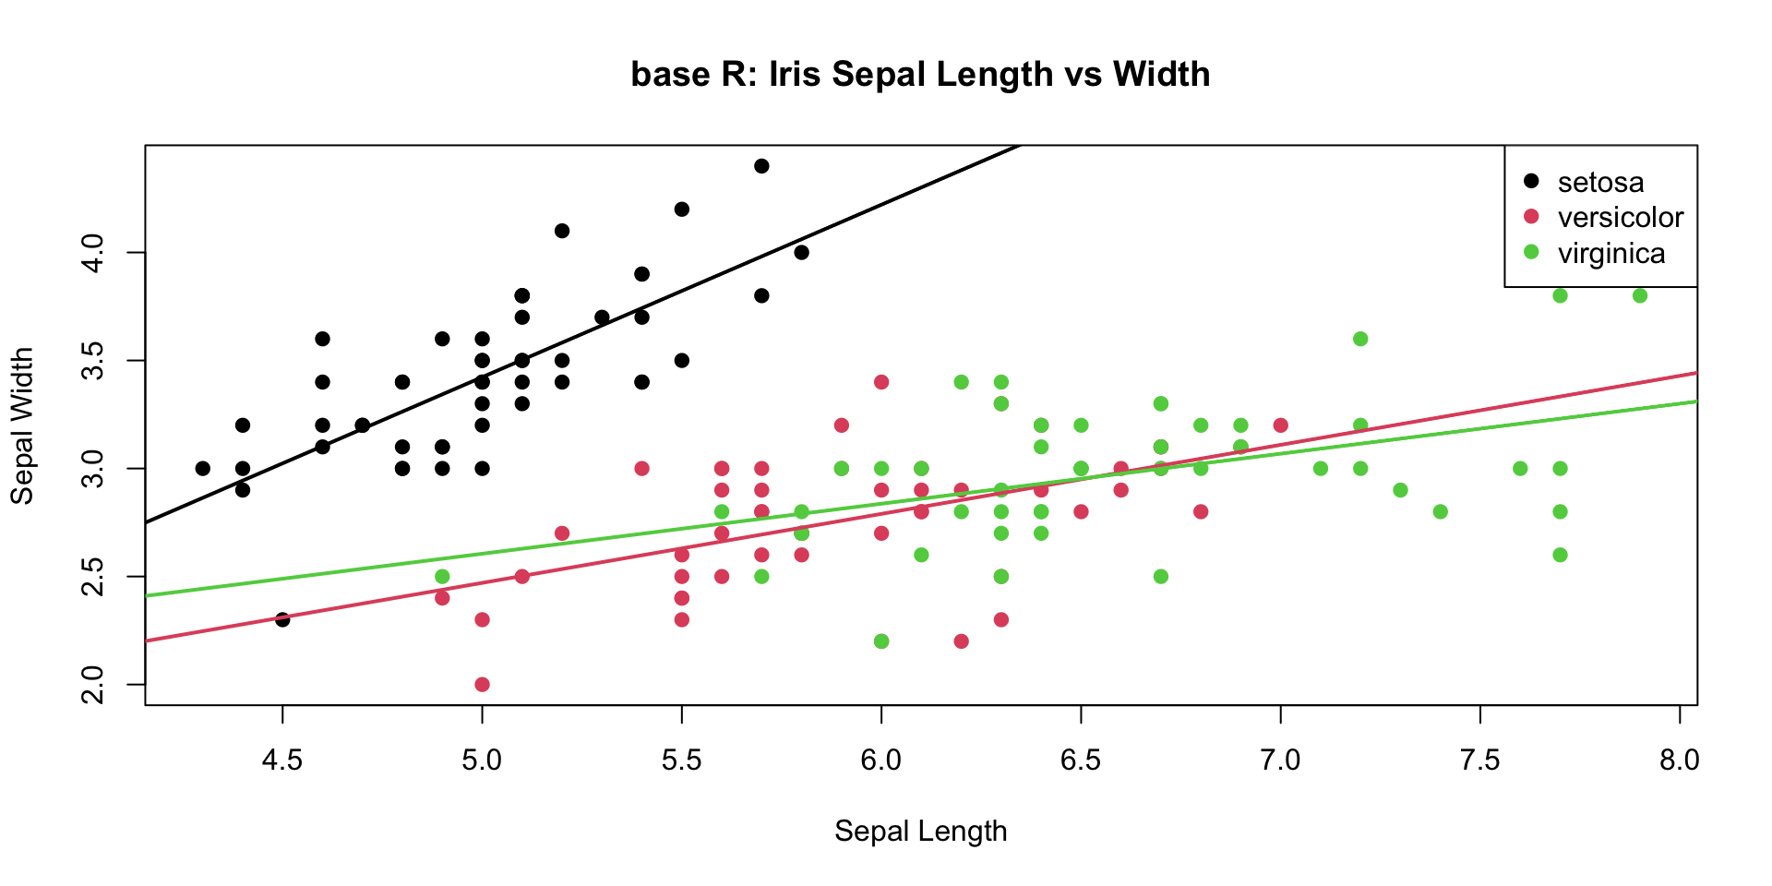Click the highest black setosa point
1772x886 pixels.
(x=761, y=166)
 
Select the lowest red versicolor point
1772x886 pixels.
(x=482, y=684)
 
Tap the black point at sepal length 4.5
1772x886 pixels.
(x=282, y=619)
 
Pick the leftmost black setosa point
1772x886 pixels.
(x=203, y=468)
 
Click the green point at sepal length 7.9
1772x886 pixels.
(x=1640, y=295)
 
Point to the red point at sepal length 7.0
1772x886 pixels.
(x=1280, y=425)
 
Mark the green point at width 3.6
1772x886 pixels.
(x=1360, y=339)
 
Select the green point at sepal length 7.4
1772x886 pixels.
(x=1441, y=511)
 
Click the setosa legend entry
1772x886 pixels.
(x=1600, y=182)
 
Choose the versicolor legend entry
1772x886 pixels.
(x=1620, y=217)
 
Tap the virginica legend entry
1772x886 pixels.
(x=1610, y=253)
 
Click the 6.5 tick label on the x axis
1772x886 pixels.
(x=1081, y=760)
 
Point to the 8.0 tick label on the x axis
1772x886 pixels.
(x=1679, y=760)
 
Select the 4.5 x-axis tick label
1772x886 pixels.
(x=282, y=760)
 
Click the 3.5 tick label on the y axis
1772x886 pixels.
(x=93, y=360)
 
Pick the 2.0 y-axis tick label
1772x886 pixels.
(x=93, y=684)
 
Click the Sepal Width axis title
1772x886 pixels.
(x=22, y=425)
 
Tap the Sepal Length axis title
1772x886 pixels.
(x=920, y=831)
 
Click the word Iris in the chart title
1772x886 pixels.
(x=795, y=74)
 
